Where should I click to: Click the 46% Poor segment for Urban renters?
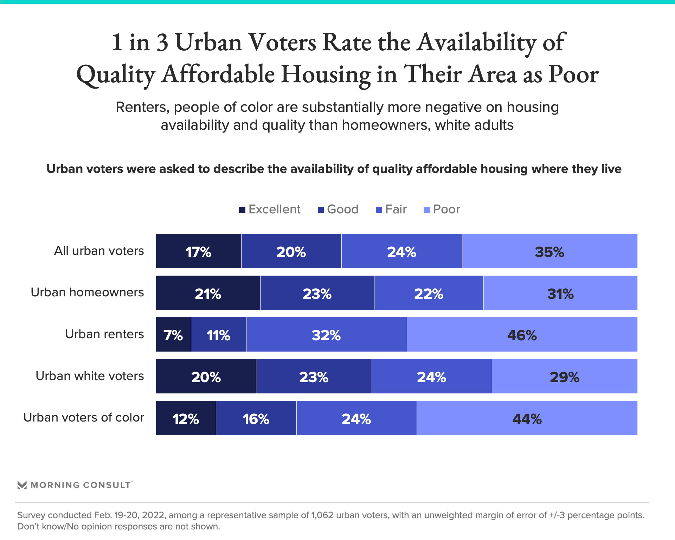(x=522, y=335)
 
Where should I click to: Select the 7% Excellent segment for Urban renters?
(x=173, y=335)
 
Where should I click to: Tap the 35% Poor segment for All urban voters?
(x=549, y=251)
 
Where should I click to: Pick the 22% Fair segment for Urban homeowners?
(x=429, y=293)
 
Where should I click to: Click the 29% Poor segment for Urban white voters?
(x=564, y=377)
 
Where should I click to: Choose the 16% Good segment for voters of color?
(x=256, y=418)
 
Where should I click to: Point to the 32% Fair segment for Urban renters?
(x=326, y=335)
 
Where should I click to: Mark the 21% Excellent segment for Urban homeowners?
(x=208, y=293)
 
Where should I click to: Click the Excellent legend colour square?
(x=242, y=210)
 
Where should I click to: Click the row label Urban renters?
(x=104, y=334)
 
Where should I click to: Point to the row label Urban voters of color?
(x=84, y=417)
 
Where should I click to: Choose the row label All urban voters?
(x=99, y=251)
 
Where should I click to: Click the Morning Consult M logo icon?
(x=22, y=485)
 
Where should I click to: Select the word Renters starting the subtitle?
(x=142, y=107)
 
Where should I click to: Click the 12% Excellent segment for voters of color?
(x=186, y=418)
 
